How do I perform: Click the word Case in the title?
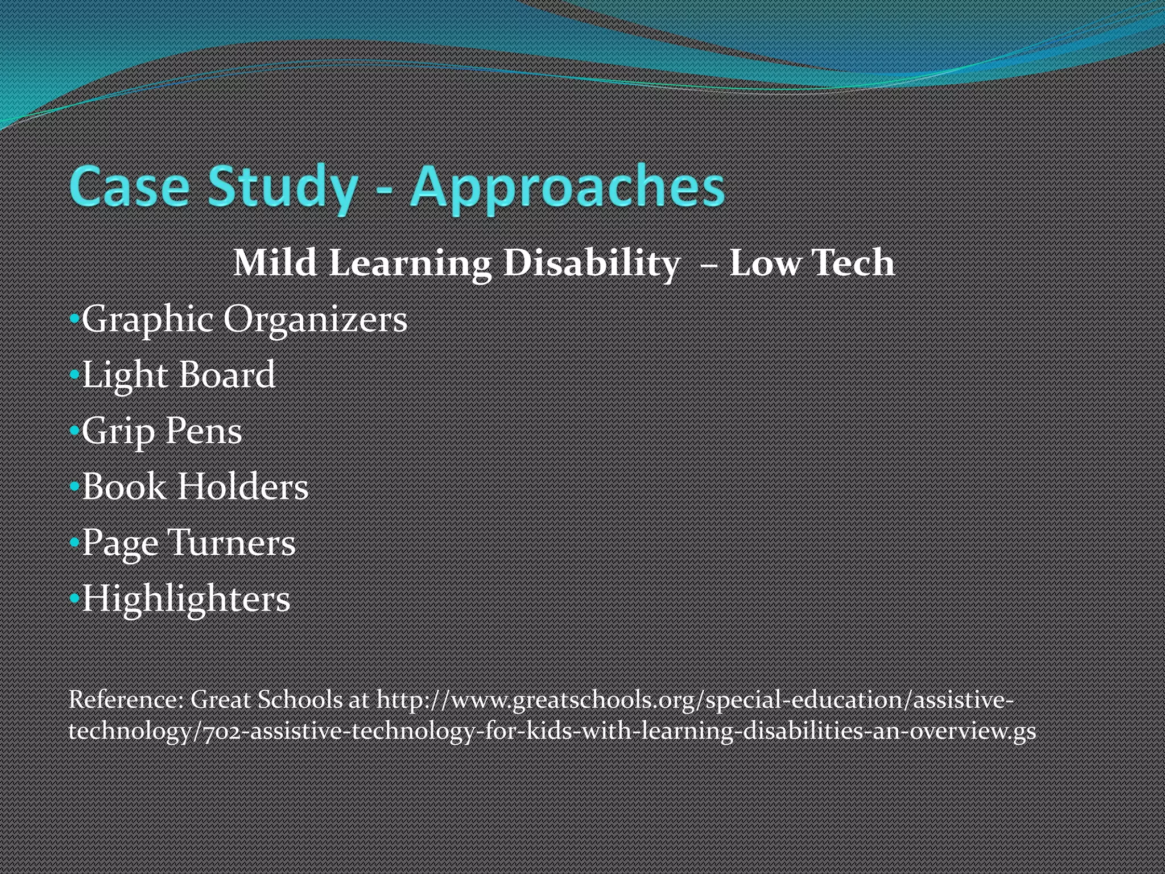[129, 186]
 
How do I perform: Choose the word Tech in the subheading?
[853, 263]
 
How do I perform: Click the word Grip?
[118, 431]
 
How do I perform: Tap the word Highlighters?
[186, 599]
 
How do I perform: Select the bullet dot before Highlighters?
[74, 599]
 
